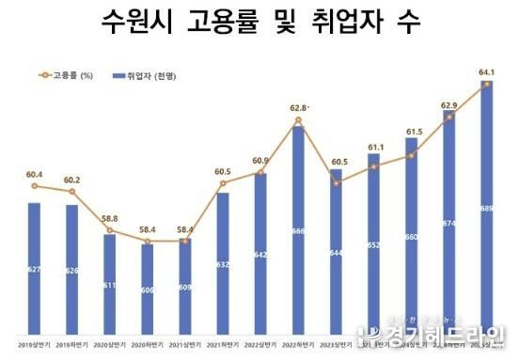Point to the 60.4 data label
34,174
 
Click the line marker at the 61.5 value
411,155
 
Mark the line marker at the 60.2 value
71,192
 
